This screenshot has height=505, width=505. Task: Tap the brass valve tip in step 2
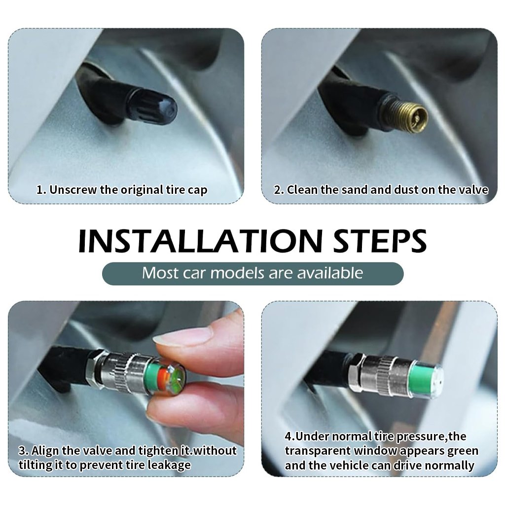click(410, 117)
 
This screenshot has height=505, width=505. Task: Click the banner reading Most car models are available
click(252, 273)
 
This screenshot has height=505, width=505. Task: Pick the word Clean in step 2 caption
click(302, 190)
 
